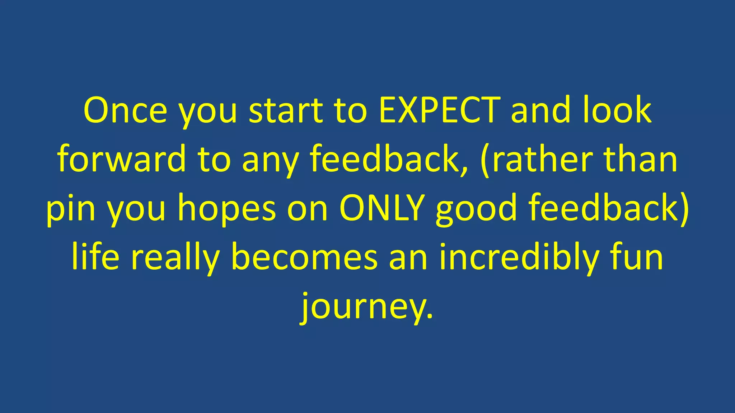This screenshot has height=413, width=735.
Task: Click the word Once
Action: click(x=125, y=110)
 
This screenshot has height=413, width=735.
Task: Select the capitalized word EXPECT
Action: click(x=439, y=110)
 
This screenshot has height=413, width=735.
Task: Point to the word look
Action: click(x=617, y=110)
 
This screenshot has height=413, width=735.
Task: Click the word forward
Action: click(x=121, y=159)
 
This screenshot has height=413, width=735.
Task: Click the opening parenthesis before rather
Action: click(x=486, y=160)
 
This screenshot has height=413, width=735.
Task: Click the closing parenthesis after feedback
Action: click(x=683, y=209)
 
